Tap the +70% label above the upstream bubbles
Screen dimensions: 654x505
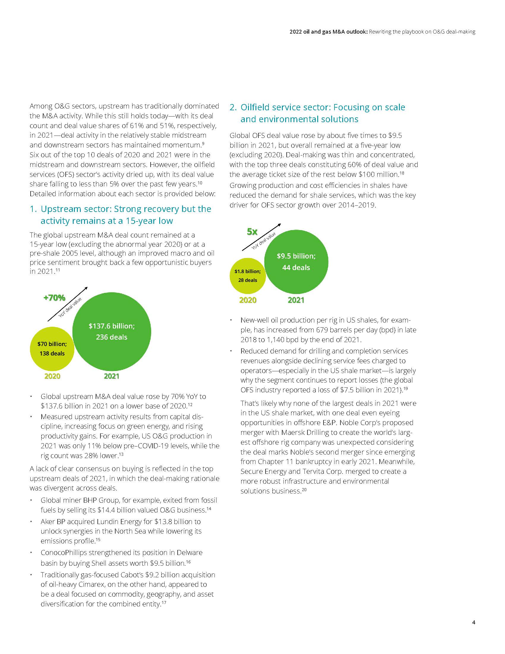54,298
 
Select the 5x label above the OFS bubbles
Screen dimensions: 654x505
252,232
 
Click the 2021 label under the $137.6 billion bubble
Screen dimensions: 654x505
112,376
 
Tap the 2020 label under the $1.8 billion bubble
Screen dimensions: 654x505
248,300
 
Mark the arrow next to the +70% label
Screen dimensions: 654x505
68,304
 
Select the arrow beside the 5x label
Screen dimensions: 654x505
261,237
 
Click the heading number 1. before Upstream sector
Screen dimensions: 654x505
33,209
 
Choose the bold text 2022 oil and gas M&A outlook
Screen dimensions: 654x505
328,32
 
